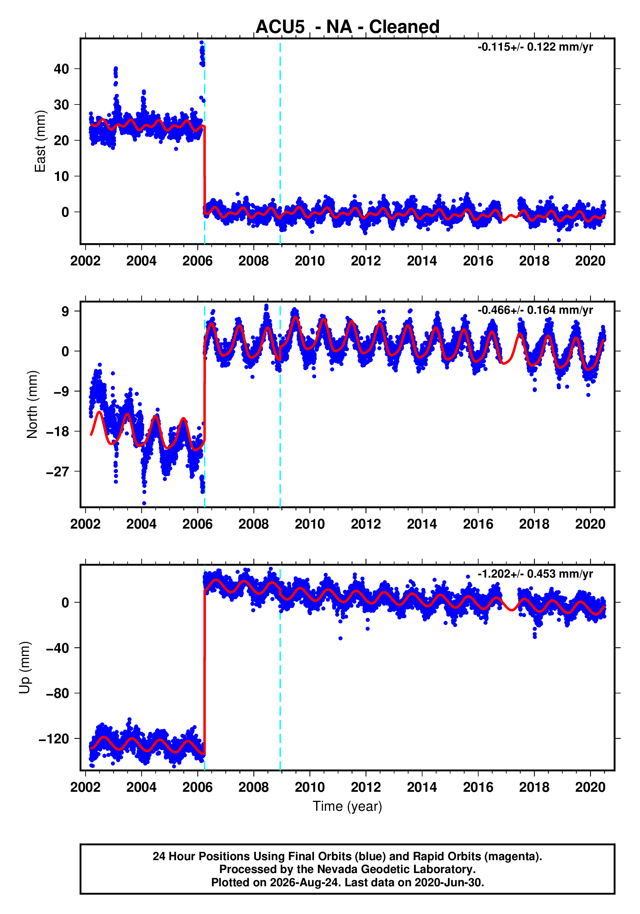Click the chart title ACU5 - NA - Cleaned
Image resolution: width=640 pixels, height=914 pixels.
coord(347,27)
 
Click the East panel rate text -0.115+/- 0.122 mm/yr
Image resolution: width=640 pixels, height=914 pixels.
coord(535,47)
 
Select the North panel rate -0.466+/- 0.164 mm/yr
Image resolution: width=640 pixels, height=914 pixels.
coord(535,310)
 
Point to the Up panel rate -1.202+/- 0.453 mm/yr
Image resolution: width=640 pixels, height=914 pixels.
coord(535,574)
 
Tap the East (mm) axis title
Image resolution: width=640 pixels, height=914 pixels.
coord(40,141)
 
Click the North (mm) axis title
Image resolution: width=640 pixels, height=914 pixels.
coord(32,404)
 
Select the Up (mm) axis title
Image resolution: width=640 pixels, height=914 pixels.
coord(25,668)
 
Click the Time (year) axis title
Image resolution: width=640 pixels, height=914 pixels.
coord(347,807)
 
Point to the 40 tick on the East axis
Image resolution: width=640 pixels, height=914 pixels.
coord(61,69)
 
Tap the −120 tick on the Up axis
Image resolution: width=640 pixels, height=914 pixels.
coord(54,739)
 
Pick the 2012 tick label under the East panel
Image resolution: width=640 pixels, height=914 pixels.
coord(365,261)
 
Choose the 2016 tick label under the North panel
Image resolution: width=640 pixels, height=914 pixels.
coord(478,524)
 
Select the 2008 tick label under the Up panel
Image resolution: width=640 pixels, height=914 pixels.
coord(253,787)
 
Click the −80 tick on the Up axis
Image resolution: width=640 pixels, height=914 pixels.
coord(57,693)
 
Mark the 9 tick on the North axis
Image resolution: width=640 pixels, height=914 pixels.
coord(65,311)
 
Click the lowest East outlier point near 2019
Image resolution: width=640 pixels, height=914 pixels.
coord(559,240)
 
